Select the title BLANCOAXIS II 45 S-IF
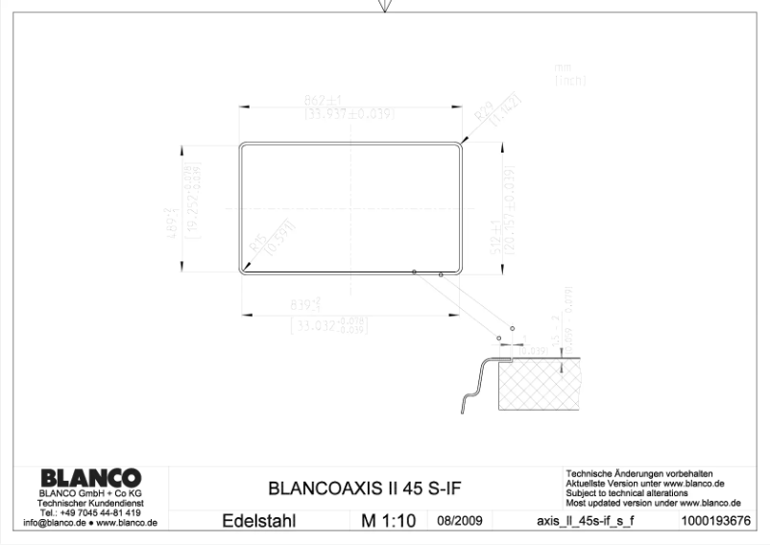tap(364, 487)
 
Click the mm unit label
tap(562, 68)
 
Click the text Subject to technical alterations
tap(627, 493)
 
